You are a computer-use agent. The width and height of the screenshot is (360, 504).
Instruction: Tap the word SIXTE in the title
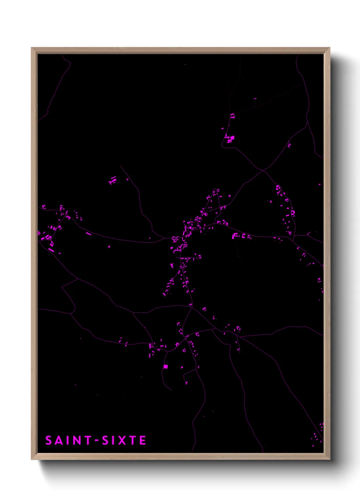(124, 440)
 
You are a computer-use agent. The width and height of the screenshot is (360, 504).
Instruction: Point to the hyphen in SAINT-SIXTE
(97, 441)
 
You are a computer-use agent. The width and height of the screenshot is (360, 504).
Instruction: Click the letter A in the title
(58, 440)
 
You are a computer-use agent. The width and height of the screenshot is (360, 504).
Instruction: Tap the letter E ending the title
(143, 440)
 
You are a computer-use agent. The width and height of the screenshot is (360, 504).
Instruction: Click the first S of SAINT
(49, 440)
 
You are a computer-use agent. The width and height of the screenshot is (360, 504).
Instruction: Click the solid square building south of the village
(166, 366)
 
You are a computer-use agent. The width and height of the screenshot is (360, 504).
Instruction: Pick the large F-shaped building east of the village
(235, 236)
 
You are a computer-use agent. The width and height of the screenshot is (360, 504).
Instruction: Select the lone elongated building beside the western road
(88, 234)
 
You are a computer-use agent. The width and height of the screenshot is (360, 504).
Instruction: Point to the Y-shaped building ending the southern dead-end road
(186, 382)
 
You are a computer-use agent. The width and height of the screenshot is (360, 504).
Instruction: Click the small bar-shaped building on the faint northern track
(255, 99)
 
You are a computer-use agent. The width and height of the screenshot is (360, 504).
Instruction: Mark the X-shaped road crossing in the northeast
(263, 170)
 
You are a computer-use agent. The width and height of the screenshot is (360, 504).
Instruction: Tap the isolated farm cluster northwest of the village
(112, 180)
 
